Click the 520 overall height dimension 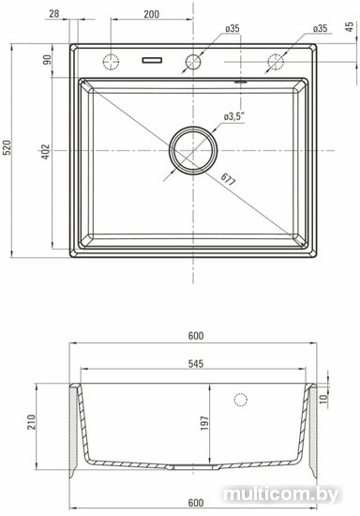(x=7, y=147)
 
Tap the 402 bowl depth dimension (x=46, y=152)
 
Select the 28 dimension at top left (x=54, y=14)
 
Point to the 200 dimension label (x=152, y=14)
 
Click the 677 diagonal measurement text (x=228, y=179)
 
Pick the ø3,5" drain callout (x=234, y=116)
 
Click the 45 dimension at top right (x=351, y=26)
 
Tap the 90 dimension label (x=48, y=59)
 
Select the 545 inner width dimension (x=196, y=364)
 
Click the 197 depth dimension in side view (x=204, y=423)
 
